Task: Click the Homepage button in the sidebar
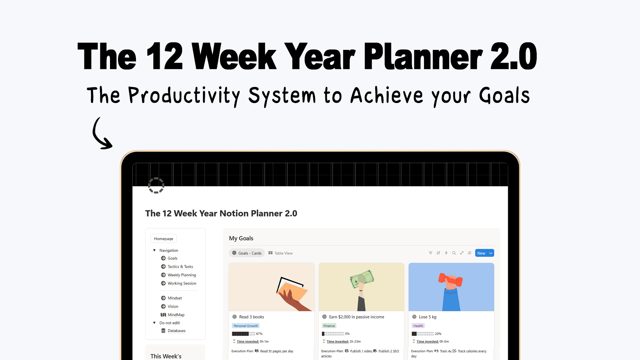click(x=163, y=239)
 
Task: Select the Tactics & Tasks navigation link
click(x=180, y=267)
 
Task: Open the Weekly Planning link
click(x=182, y=275)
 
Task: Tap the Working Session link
click(x=182, y=283)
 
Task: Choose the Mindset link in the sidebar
click(x=175, y=298)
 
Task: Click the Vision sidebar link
click(x=173, y=306)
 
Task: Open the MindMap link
click(x=176, y=315)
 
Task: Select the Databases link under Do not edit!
click(x=176, y=331)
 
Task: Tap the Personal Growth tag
click(x=246, y=326)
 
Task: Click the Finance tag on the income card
click(x=329, y=326)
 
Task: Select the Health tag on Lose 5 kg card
click(x=418, y=326)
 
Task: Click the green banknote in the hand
click(x=362, y=279)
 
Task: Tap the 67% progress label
click(x=259, y=334)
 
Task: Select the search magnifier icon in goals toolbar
click(x=454, y=253)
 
